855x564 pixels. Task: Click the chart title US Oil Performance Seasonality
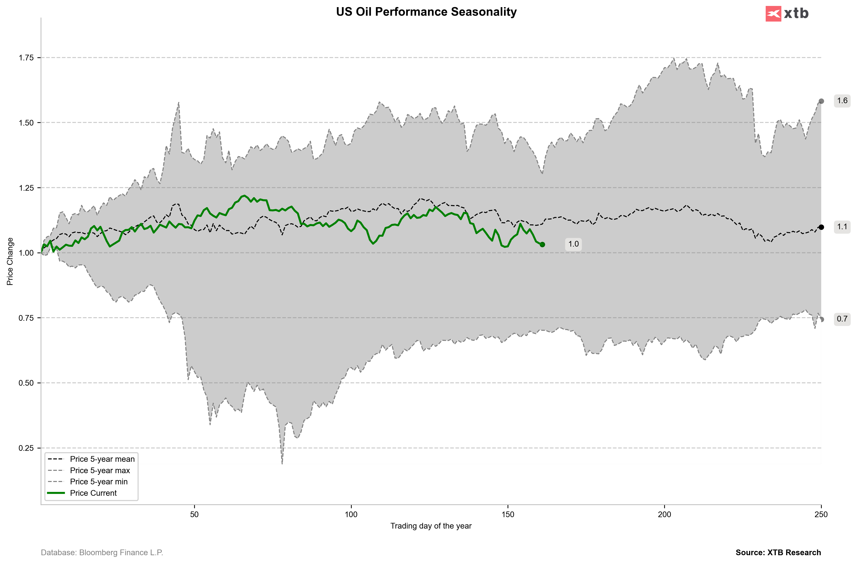tap(426, 12)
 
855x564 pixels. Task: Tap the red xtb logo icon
tap(773, 14)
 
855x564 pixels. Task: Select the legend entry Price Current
tap(93, 493)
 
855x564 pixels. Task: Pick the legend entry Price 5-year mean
tap(102, 459)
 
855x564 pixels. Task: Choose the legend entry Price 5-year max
tap(100, 471)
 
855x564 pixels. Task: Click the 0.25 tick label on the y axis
tap(26, 448)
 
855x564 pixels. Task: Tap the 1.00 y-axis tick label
tap(26, 253)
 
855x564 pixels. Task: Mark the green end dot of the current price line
tap(542, 245)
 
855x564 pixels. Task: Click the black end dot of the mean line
tap(821, 227)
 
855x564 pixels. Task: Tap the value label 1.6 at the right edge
tap(842, 101)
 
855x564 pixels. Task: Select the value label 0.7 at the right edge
tap(842, 319)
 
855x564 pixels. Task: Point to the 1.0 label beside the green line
tap(573, 244)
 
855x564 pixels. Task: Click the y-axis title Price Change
tap(10, 262)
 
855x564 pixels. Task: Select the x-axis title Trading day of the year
tap(431, 526)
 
